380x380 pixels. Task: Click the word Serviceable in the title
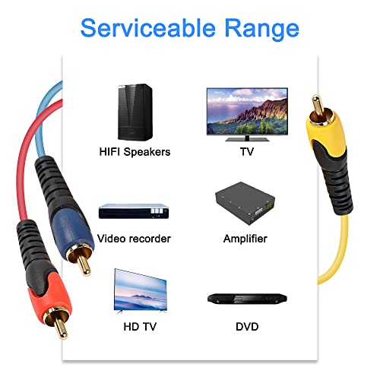(x=148, y=28)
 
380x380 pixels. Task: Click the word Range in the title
(x=262, y=30)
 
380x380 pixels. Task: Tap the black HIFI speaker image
(x=135, y=112)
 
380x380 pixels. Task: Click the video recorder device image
(x=134, y=211)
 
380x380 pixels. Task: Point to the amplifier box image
(x=245, y=203)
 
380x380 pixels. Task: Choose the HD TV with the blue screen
(x=141, y=290)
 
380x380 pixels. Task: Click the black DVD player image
(x=247, y=299)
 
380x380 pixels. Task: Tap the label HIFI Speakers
(x=135, y=152)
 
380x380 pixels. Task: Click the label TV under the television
(x=247, y=152)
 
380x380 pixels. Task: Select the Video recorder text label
(x=134, y=239)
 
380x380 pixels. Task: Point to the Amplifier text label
(x=245, y=239)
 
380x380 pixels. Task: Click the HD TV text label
(x=140, y=327)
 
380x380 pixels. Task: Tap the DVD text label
(x=247, y=327)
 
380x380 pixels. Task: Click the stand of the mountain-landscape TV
(x=247, y=138)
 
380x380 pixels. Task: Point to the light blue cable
(x=43, y=119)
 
